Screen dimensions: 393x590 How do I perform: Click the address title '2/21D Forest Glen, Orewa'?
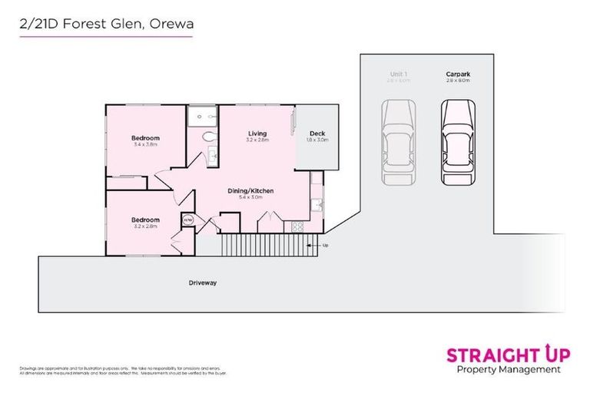click(107, 24)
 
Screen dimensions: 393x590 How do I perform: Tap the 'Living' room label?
click(257, 134)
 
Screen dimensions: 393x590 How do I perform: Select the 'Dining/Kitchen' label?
click(250, 190)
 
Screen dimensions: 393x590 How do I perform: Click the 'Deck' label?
click(317, 134)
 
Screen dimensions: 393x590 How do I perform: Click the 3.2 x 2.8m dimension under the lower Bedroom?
click(145, 226)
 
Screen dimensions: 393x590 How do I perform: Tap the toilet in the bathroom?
click(207, 137)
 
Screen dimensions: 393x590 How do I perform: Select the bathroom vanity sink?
click(214, 157)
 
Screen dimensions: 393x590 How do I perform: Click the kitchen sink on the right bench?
click(316, 205)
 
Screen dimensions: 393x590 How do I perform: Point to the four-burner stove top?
click(297, 226)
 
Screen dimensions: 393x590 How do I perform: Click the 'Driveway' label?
click(203, 282)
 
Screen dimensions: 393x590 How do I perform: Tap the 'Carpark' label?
click(458, 74)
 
